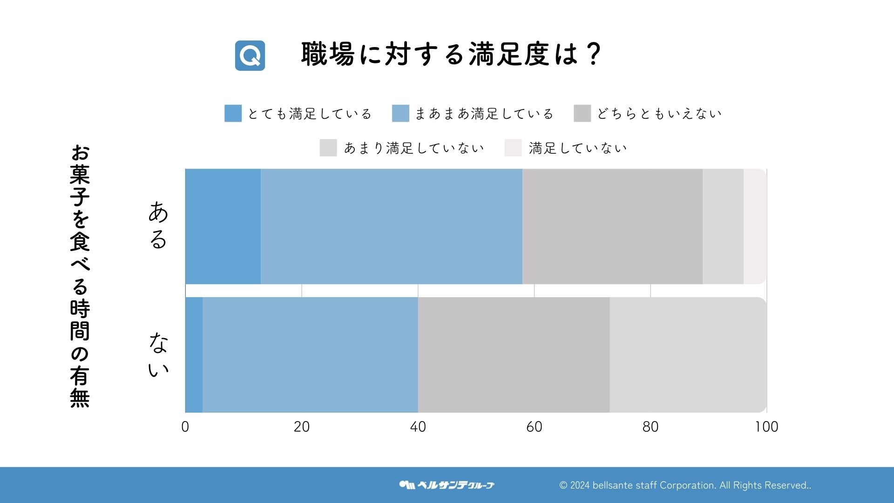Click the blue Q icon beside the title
[x=250, y=55]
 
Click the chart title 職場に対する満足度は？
[x=451, y=54]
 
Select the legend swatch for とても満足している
[x=233, y=113]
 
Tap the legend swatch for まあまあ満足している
[x=400, y=113]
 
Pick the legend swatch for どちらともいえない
[x=582, y=113]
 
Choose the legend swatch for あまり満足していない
[x=328, y=148]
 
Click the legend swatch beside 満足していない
[x=513, y=148]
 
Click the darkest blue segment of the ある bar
[x=223, y=226]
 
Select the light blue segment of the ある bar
[x=392, y=226]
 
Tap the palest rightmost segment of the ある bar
[x=755, y=226]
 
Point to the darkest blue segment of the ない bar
[x=194, y=355]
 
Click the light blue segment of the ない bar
[x=310, y=355]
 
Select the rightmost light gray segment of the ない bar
[x=688, y=355]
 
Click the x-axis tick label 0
[x=185, y=427]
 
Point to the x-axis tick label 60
[x=534, y=427]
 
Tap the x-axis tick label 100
[x=766, y=427]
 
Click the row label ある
[x=158, y=225]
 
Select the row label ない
[x=158, y=355]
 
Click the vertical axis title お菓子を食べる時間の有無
[x=80, y=276]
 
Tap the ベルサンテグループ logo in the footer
[x=447, y=485]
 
